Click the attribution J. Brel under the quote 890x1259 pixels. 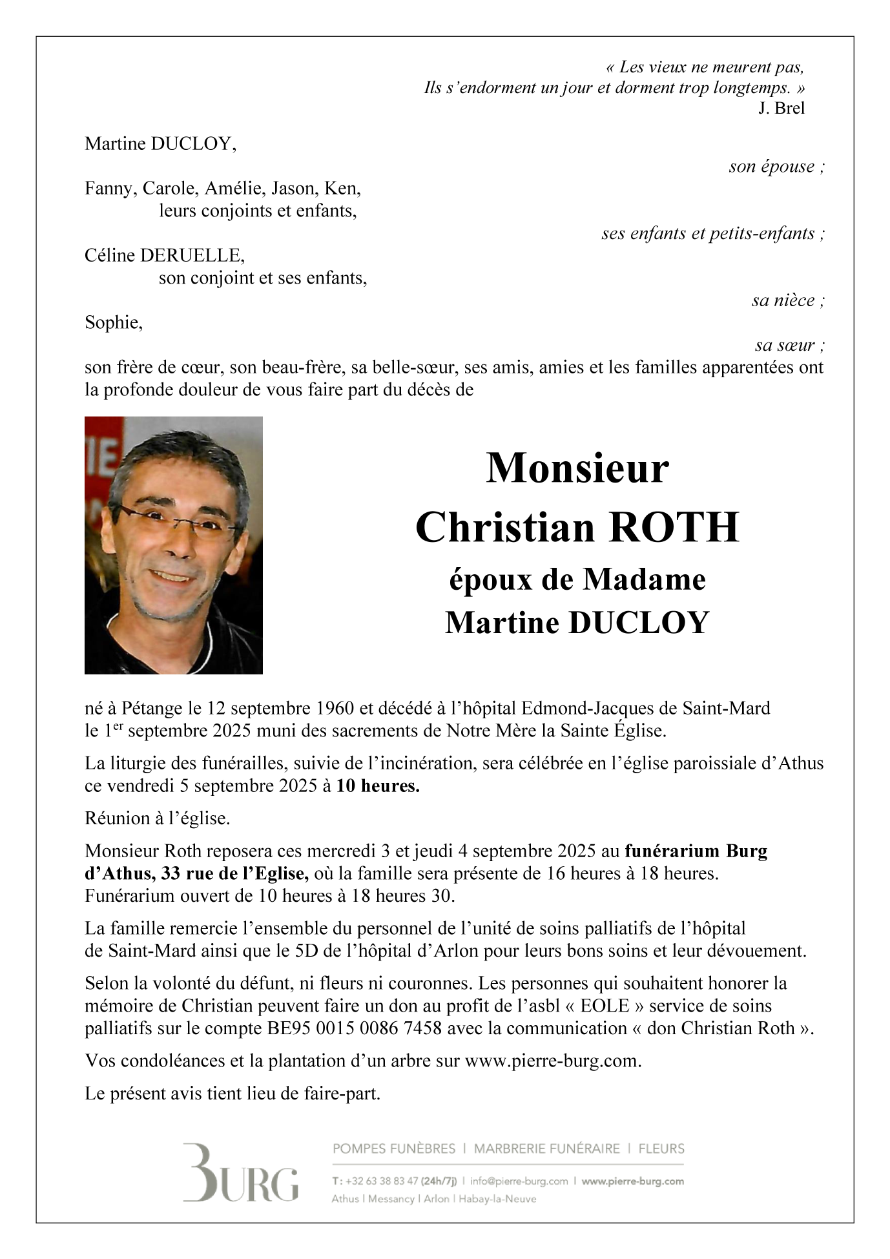(x=781, y=108)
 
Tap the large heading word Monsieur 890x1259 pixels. (x=577, y=468)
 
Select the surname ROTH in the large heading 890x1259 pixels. (x=674, y=527)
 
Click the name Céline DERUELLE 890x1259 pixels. (x=165, y=256)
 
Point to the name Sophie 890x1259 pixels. (x=113, y=322)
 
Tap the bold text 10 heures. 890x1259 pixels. (x=378, y=786)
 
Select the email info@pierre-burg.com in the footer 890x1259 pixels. (x=519, y=1181)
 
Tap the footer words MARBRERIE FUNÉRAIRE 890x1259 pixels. (x=546, y=1149)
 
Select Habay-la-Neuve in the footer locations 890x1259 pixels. (x=497, y=1199)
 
